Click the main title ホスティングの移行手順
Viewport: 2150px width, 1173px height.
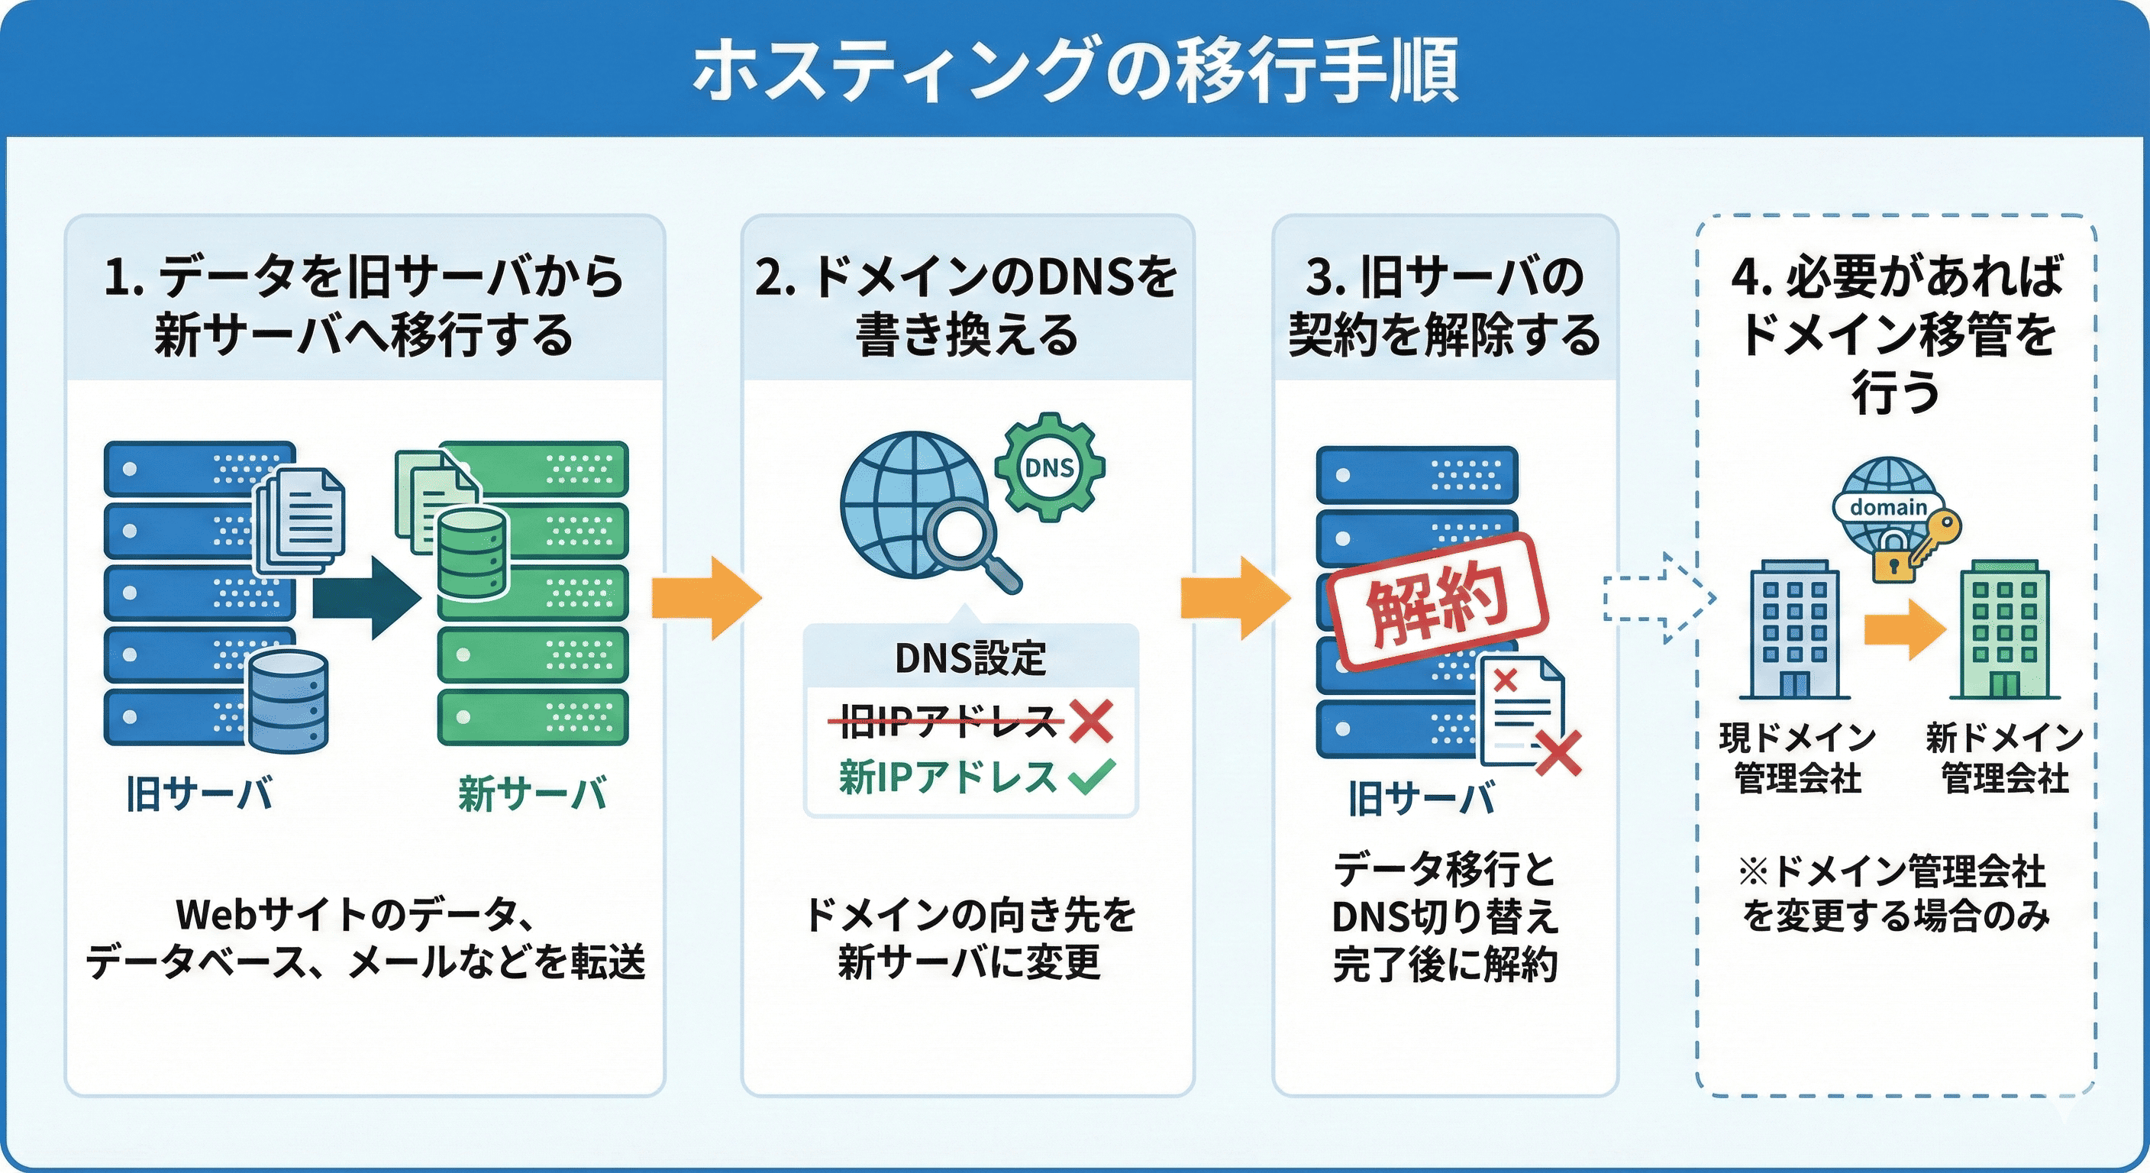click(1075, 70)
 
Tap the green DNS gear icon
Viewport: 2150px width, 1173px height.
click(1049, 467)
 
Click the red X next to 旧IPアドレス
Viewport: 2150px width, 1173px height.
click(1091, 722)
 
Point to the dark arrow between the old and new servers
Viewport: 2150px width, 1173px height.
click(367, 598)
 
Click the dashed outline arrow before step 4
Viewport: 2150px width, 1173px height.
click(1658, 598)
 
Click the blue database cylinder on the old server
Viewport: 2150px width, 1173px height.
click(288, 701)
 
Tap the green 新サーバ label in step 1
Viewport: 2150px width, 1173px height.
click(532, 793)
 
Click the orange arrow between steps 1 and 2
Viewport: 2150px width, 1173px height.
click(705, 598)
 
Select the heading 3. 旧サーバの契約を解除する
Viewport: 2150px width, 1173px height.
click(1445, 305)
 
